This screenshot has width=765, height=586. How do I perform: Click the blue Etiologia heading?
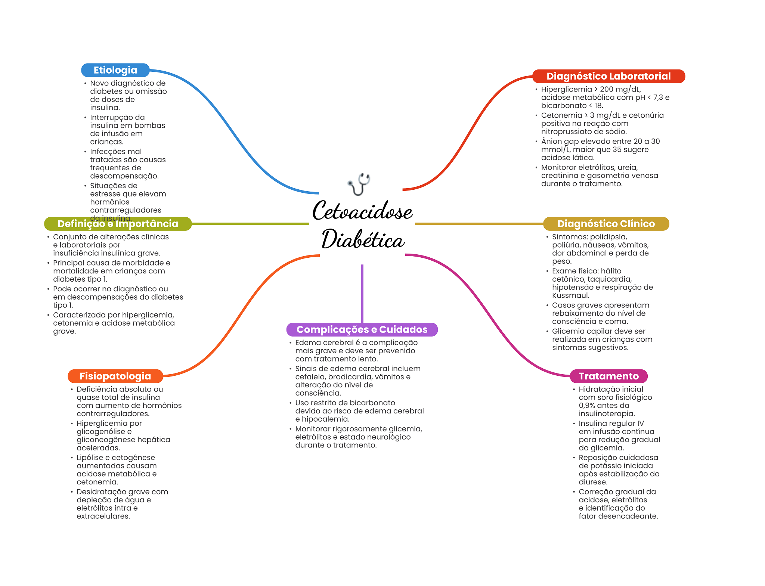tap(115, 70)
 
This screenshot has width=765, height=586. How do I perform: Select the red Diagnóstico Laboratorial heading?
tap(608, 76)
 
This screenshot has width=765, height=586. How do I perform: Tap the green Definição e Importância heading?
tap(118, 224)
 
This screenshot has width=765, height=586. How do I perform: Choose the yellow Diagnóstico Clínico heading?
tap(606, 224)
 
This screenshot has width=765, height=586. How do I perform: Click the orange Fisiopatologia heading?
tap(115, 376)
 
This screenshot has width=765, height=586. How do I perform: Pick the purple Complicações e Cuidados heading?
tap(362, 329)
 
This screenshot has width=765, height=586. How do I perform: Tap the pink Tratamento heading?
tap(608, 376)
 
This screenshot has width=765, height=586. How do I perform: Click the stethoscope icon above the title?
tap(359, 184)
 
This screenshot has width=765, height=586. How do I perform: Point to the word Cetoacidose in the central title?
tap(362, 211)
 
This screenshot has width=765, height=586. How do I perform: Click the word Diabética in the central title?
tap(363, 239)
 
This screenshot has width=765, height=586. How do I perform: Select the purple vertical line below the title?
tap(362, 294)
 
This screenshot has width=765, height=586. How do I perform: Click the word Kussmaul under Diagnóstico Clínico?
tap(571, 295)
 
